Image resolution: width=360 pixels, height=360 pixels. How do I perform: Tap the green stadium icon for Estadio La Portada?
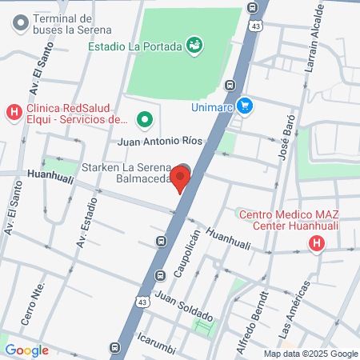click(x=193, y=45)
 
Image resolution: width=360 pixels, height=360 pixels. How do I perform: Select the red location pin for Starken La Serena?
click(x=182, y=178)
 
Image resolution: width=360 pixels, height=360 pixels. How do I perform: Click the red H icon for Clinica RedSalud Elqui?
click(x=14, y=112)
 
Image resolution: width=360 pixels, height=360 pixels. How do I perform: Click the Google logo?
click(x=26, y=350)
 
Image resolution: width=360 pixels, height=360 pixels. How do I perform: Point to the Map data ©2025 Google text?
click(x=311, y=354)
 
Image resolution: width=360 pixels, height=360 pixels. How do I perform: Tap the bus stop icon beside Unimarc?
click(x=230, y=85)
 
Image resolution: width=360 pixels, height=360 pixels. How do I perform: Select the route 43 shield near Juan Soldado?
click(x=142, y=302)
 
